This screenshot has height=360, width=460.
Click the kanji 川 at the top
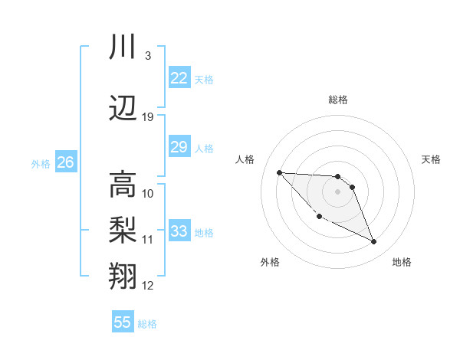point(123,47)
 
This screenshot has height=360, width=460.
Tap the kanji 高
point(123,185)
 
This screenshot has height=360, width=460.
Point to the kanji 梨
point(123,229)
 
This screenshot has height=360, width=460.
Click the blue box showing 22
point(179,77)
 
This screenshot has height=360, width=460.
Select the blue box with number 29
point(179,147)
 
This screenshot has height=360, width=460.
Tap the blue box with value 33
point(179,231)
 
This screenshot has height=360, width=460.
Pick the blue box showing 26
point(65,162)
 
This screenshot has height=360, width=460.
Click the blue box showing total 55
point(123,322)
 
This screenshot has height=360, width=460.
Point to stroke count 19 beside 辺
point(148,116)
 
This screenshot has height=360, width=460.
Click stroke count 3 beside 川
point(147,55)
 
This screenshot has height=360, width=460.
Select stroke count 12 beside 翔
point(148,286)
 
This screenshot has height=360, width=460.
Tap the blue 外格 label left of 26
point(41,163)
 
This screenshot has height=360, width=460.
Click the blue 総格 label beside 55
point(147,324)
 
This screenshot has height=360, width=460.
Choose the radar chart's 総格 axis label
point(338,100)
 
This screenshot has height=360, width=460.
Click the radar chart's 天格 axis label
point(432,159)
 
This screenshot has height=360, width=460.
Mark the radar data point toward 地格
point(374,242)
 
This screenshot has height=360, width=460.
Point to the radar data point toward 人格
point(279,172)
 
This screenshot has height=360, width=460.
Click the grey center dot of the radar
point(337,191)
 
